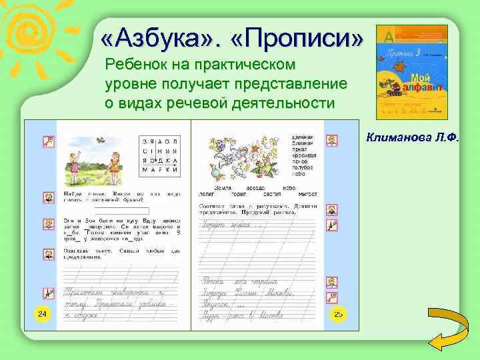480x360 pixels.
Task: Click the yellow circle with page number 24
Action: (x=41, y=313)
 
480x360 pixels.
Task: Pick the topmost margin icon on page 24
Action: (x=48, y=141)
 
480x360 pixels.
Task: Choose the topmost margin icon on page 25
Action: (x=331, y=141)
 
